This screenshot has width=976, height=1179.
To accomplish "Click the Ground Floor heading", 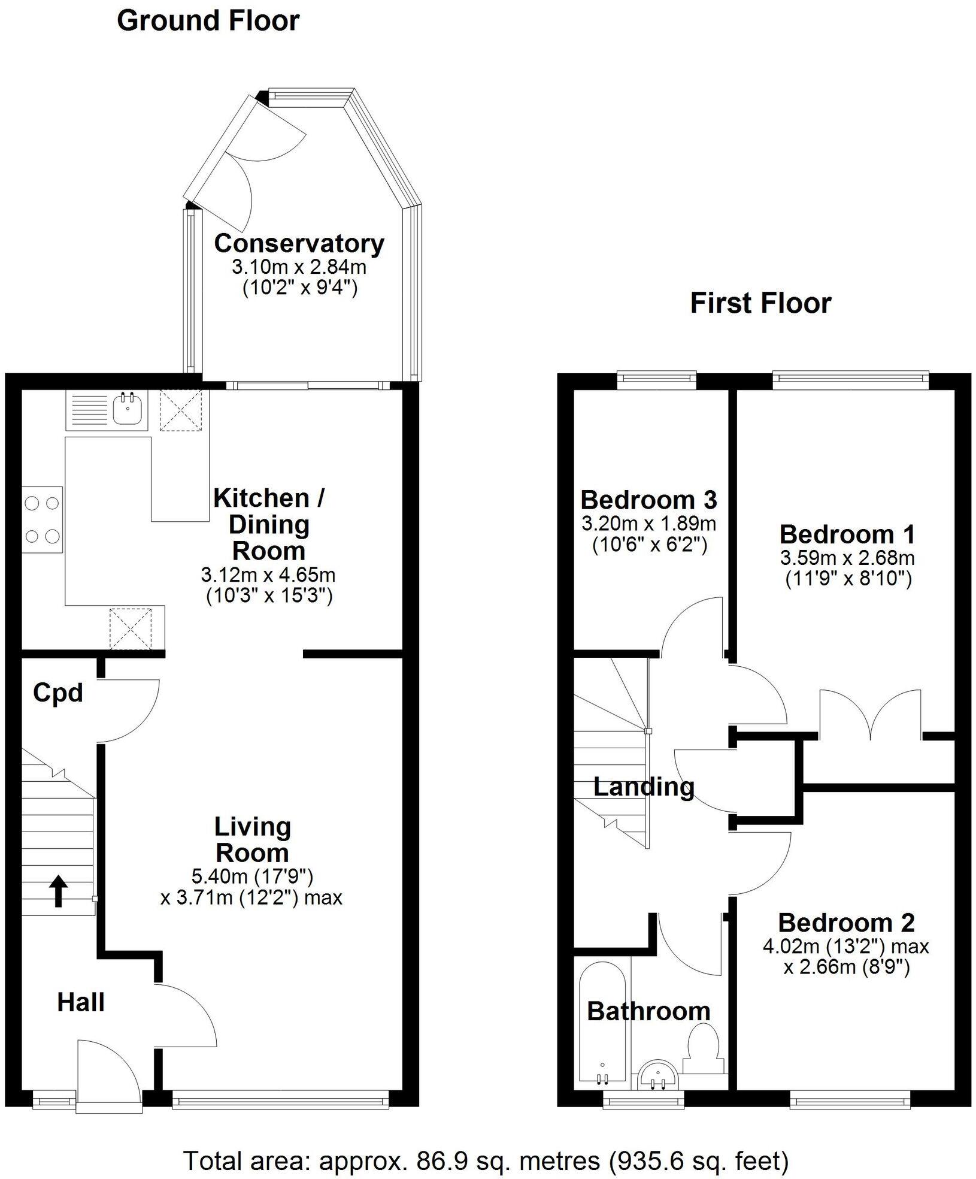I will click(208, 21).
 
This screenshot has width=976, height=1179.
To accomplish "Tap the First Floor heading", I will click(760, 303).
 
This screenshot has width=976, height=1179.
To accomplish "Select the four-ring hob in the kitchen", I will click(43, 519).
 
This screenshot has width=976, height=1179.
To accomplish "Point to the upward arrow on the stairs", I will click(58, 890).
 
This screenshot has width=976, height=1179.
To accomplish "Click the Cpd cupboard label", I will click(58, 693).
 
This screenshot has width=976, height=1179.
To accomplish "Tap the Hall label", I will click(81, 1002).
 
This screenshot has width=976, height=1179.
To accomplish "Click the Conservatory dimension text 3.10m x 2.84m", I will click(299, 267).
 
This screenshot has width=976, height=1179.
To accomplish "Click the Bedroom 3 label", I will click(648, 500).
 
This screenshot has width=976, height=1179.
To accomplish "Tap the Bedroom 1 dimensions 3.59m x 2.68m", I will click(847, 558).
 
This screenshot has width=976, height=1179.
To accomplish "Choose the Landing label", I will click(644, 787).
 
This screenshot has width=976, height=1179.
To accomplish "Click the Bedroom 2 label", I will click(846, 923).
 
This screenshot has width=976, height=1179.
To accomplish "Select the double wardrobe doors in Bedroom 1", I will click(870, 716).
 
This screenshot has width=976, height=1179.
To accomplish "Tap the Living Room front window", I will click(281, 1099).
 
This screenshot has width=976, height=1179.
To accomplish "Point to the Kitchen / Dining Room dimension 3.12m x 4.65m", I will click(268, 575).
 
